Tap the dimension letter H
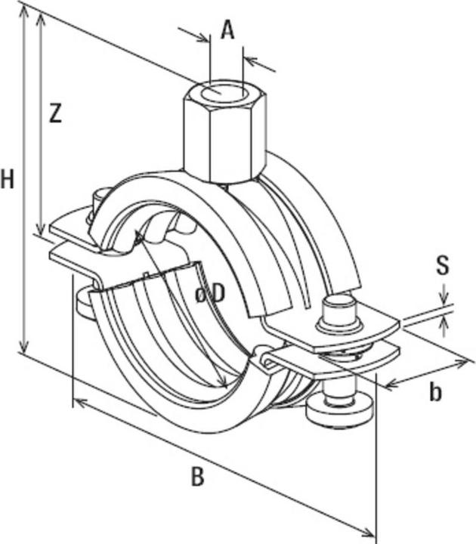point(8,180)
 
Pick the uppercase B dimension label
point(197,477)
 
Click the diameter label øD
point(210,294)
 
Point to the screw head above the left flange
point(97,201)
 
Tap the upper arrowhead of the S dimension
point(444,298)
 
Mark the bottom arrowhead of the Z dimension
point(40,230)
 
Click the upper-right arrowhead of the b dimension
point(462,365)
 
